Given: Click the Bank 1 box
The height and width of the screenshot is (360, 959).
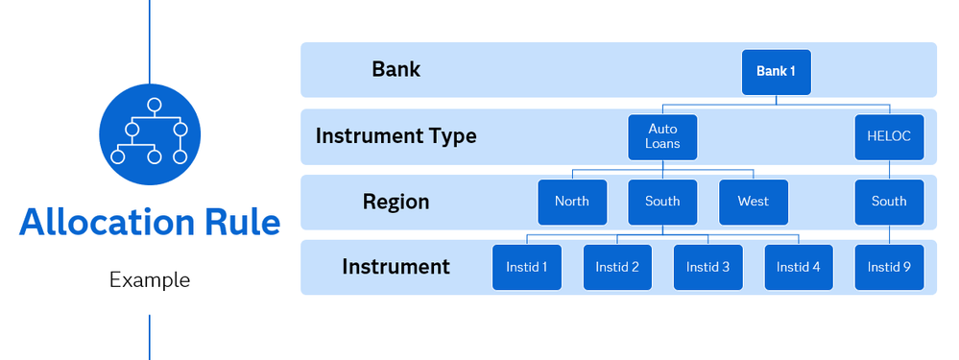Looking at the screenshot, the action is click(777, 72).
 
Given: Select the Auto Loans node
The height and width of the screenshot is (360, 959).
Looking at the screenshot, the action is click(662, 137).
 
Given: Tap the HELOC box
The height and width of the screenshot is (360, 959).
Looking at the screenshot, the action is click(889, 137).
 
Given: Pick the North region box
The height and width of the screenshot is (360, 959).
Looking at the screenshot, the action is click(572, 202).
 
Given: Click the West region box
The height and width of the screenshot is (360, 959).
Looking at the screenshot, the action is click(754, 202).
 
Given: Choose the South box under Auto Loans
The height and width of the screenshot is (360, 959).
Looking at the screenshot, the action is click(662, 202).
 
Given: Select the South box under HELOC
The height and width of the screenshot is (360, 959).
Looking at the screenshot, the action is click(889, 202).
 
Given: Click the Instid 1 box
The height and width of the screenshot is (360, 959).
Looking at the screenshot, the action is click(527, 267).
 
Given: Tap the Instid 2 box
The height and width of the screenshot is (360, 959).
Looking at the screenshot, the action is click(617, 267).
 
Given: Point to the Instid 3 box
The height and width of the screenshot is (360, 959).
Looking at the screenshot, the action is click(707, 267).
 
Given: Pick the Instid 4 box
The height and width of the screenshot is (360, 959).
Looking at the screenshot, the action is click(798, 267).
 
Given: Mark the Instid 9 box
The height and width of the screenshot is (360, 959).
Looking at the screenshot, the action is click(889, 267).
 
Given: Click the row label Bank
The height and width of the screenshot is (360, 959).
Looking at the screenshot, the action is click(396, 70).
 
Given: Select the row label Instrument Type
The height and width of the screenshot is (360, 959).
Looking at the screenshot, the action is click(396, 135).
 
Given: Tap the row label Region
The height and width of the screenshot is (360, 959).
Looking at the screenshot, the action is click(396, 202).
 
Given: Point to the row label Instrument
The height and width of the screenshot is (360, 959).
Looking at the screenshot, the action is click(396, 267).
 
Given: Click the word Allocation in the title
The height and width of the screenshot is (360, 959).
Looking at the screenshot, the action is click(106, 222).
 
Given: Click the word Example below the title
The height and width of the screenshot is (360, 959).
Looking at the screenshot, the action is click(150, 280).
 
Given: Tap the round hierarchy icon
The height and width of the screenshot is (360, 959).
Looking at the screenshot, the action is click(150, 134).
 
